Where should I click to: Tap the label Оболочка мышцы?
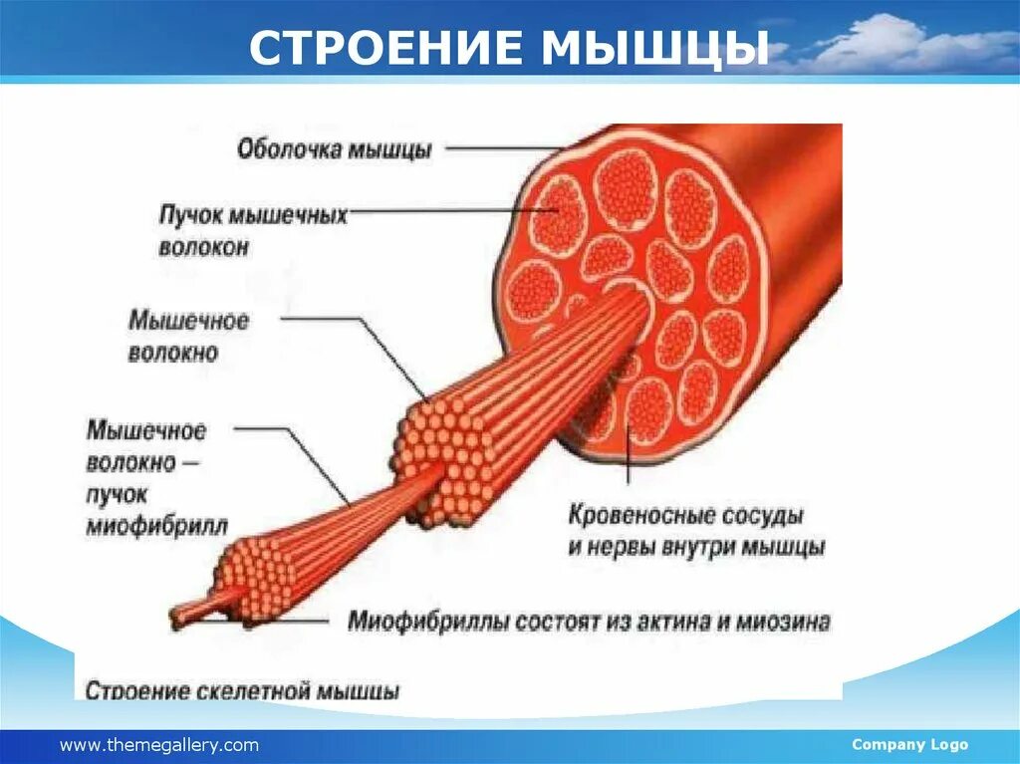(x=334, y=150)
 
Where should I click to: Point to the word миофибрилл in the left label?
(x=156, y=525)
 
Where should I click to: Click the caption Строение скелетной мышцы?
(x=242, y=690)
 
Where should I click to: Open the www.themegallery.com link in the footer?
(x=159, y=745)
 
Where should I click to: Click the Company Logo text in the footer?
(x=909, y=745)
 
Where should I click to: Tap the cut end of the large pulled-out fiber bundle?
(x=443, y=458)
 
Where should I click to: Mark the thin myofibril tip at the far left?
(x=184, y=610)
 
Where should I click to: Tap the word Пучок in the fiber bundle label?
(x=191, y=215)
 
